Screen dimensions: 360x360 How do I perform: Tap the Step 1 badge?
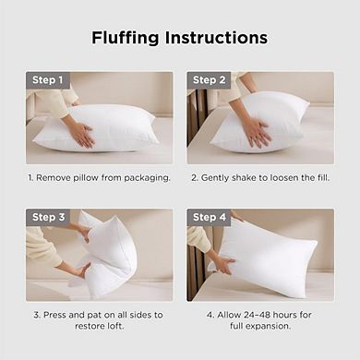point(47,80)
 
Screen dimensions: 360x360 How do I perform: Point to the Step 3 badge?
point(47,217)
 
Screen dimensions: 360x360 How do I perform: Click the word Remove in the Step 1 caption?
point(53,176)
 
